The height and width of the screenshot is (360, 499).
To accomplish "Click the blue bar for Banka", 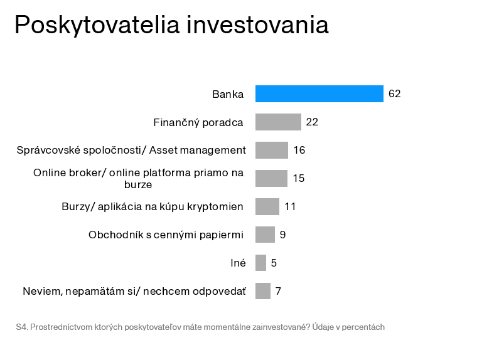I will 319,93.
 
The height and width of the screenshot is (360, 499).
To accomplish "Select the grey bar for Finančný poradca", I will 278,122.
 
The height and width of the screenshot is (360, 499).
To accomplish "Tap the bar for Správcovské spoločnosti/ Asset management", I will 271,150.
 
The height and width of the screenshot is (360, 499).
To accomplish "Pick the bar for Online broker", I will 271,178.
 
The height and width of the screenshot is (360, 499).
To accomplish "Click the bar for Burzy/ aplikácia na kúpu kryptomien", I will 267,206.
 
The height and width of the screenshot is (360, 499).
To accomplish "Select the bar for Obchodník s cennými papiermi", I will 265,235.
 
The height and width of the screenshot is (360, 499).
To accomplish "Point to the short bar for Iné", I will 260,263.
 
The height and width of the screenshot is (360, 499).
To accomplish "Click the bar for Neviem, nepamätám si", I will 262,291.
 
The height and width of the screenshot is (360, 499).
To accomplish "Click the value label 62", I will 394,94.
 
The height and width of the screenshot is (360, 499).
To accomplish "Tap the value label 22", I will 312,122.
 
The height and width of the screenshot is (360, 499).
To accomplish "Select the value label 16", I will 299,151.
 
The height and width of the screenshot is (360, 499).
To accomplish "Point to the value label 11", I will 289,206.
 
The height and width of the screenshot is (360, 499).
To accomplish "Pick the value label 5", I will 274,263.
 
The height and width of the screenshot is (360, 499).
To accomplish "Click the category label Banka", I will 228,94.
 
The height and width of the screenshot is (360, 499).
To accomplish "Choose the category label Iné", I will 238,263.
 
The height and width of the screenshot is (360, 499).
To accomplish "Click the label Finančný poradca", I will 198,122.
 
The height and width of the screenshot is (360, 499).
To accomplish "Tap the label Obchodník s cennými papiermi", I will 166,235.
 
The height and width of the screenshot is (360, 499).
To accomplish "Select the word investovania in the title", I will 257,25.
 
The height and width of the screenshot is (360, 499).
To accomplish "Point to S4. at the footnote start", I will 21,327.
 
